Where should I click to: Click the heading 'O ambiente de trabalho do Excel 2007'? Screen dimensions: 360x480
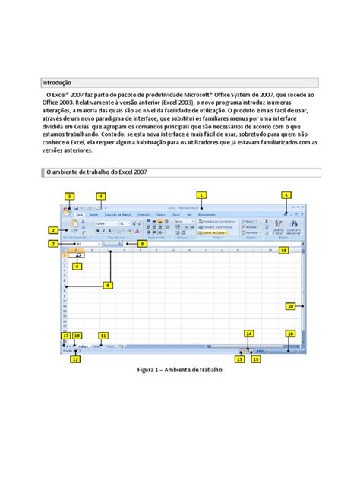(93, 172)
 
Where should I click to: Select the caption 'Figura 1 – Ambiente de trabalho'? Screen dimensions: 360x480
(179, 370)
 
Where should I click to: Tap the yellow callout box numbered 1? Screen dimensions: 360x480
(201, 195)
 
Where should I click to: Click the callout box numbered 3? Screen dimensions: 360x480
(69, 196)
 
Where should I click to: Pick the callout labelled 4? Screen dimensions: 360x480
(100, 196)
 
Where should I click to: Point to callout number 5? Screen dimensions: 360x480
(286, 195)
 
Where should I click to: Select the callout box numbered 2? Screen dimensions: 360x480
(52, 230)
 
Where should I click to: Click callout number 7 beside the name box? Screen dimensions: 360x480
(52, 244)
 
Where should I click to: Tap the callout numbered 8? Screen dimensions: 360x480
(143, 244)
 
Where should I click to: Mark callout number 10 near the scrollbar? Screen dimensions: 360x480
(290, 306)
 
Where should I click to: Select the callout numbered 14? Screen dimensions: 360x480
(248, 333)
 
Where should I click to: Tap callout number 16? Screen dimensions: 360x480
(290, 333)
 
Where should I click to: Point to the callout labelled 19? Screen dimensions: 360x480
(283, 249)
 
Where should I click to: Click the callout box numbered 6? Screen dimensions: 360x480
(77, 266)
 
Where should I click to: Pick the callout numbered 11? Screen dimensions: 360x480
(103, 335)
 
